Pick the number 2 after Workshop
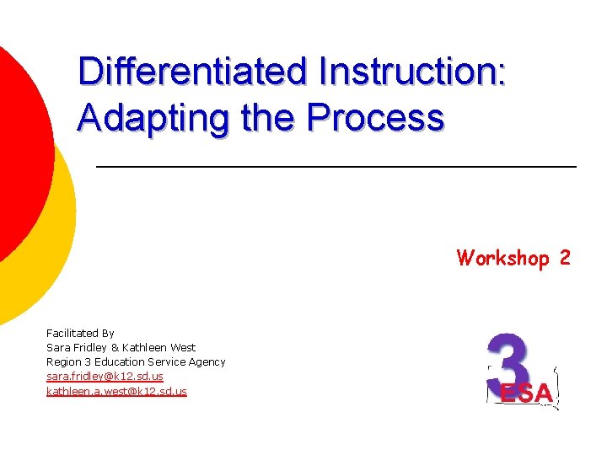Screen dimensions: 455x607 click(x=564, y=258)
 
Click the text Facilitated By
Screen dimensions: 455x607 click(x=80, y=334)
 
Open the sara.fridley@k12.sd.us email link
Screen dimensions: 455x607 click(x=105, y=377)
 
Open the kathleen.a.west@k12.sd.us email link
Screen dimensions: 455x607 click(x=116, y=391)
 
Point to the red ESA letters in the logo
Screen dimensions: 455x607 click(x=527, y=393)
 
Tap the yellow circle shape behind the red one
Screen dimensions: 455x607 click(x=51, y=244)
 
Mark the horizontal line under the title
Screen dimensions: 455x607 click(x=337, y=168)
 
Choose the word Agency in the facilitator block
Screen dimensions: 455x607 click(x=207, y=362)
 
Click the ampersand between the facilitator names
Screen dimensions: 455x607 click(x=116, y=347)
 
